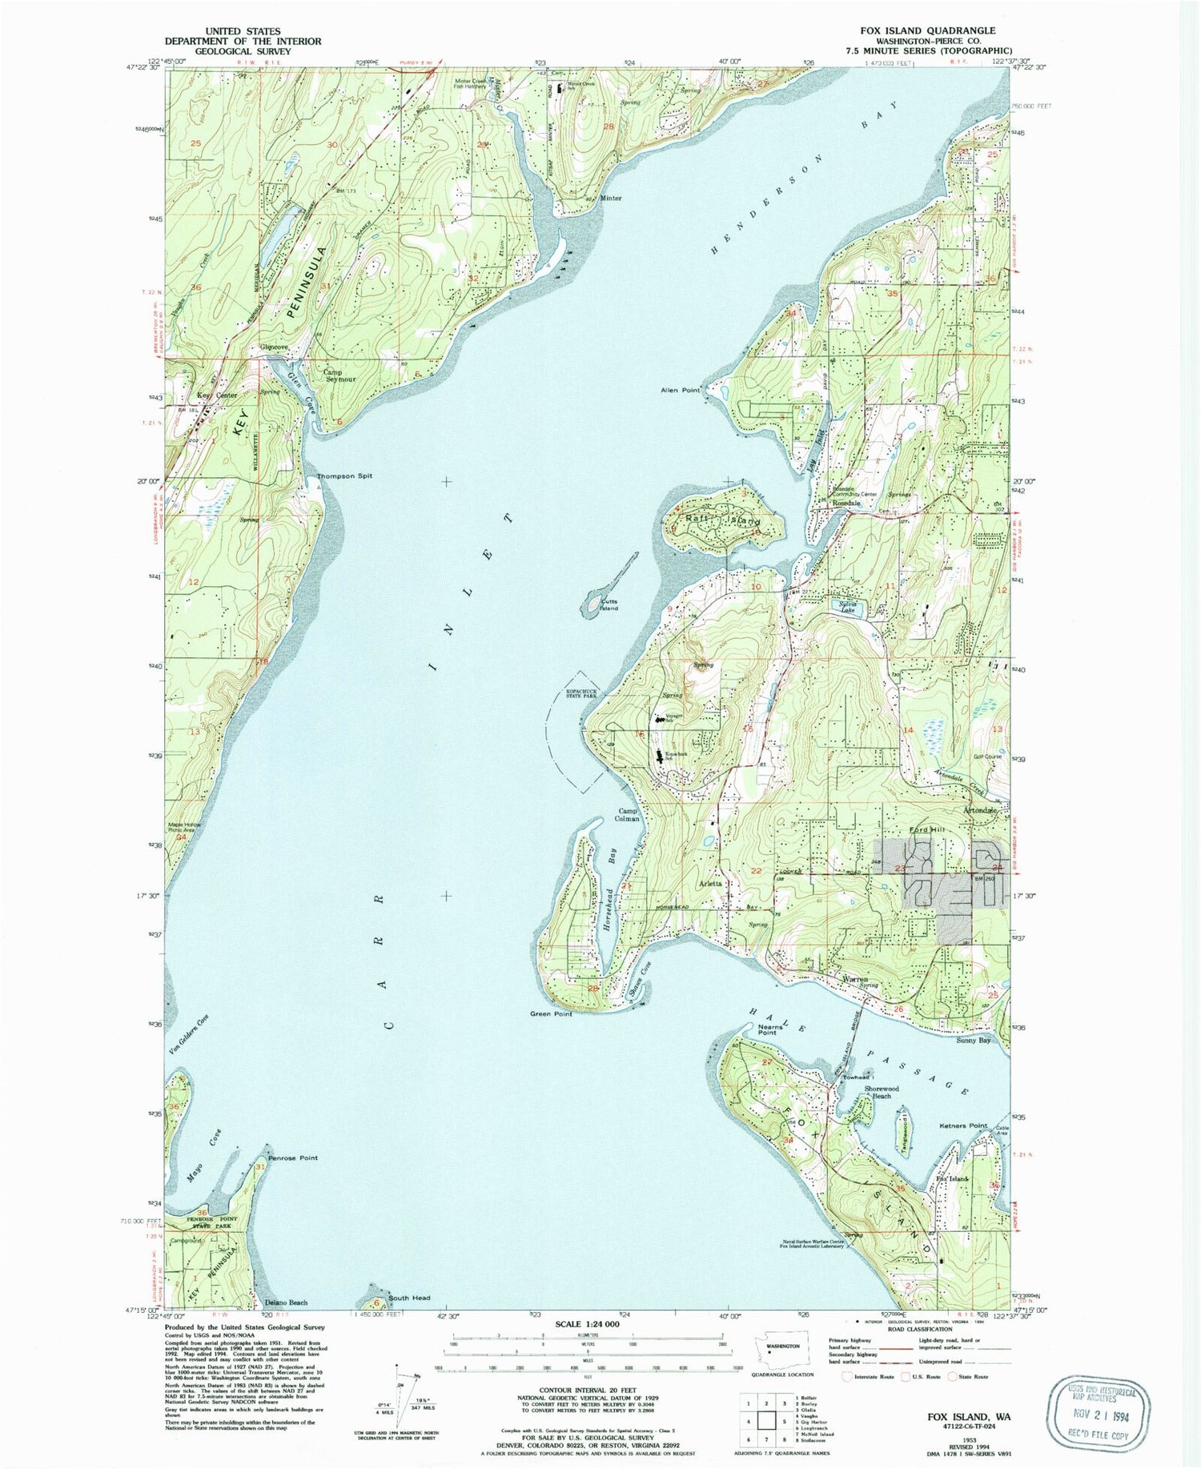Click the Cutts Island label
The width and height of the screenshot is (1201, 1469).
[609, 605]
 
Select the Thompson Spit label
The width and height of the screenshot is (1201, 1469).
[344, 476]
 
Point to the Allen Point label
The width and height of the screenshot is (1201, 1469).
[681, 391]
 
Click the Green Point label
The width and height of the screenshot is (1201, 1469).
[551, 1014]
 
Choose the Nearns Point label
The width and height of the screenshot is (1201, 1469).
[767, 1029]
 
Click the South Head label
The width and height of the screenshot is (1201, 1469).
[409, 1298]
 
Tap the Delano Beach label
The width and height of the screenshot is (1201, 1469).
[286, 1302]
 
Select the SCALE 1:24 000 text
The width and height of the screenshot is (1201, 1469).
[588, 1325]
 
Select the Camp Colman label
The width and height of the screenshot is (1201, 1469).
[628, 815]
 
